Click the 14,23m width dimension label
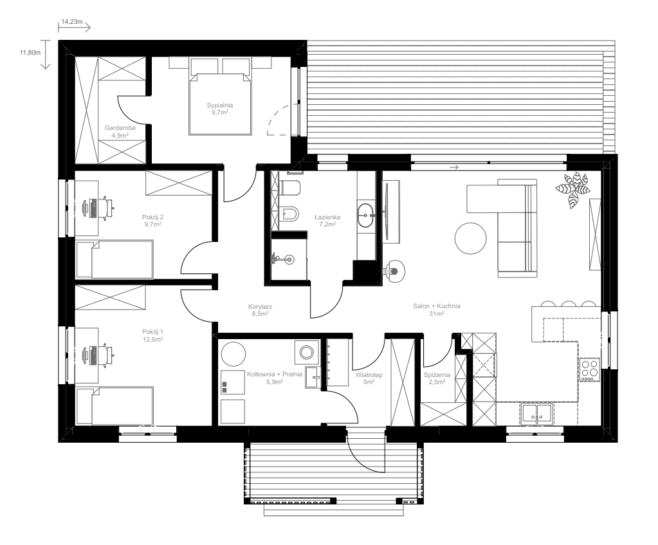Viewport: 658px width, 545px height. pyautogui.click(x=72, y=22)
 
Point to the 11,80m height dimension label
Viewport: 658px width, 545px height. pyautogui.click(x=30, y=53)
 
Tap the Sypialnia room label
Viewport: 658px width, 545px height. pyautogui.click(x=219, y=106)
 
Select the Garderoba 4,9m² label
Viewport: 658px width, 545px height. pyautogui.click(x=120, y=131)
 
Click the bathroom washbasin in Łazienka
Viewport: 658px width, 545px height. pyautogui.click(x=367, y=216)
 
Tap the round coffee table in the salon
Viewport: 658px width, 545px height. pyautogui.click(x=470, y=238)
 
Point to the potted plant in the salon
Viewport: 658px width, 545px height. pyautogui.click(x=572, y=190)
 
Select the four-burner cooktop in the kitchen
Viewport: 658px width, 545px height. pyautogui.click(x=590, y=369)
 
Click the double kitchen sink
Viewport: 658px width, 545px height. pyautogui.click(x=536, y=413)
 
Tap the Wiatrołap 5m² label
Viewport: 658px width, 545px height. pyautogui.click(x=369, y=378)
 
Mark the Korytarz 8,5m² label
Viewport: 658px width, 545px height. pyautogui.click(x=260, y=310)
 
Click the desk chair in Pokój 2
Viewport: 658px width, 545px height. pyautogui.click(x=107, y=207)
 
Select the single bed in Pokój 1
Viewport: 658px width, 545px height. pyautogui.click(x=114, y=406)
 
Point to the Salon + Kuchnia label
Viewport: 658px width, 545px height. pyautogui.click(x=437, y=306)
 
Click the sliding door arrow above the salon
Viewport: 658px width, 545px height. pyautogui.click(x=453, y=167)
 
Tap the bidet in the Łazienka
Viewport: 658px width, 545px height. pyautogui.click(x=290, y=214)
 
